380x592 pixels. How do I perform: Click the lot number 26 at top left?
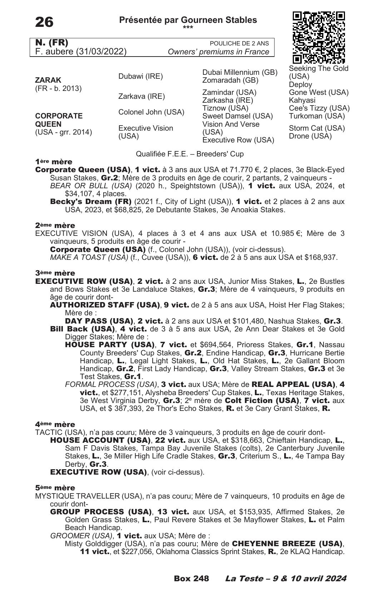tap(44, 22)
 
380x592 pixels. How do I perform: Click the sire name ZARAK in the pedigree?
tap(48, 80)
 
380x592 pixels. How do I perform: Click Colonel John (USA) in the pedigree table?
tap(151, 112)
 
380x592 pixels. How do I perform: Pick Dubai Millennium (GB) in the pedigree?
tap(240, 72)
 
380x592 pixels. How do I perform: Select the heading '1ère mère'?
tap(54, 162)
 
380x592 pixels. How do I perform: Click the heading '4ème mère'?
tap(55, 424)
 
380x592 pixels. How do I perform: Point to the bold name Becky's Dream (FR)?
tap(91, 202)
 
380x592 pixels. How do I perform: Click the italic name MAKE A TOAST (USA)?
tap(89, 257)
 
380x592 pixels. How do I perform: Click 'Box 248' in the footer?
tap(191, 578)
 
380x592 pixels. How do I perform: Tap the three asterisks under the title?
tap(188, 28)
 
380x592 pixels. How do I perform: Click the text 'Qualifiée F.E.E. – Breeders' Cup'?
tap(190, 154)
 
